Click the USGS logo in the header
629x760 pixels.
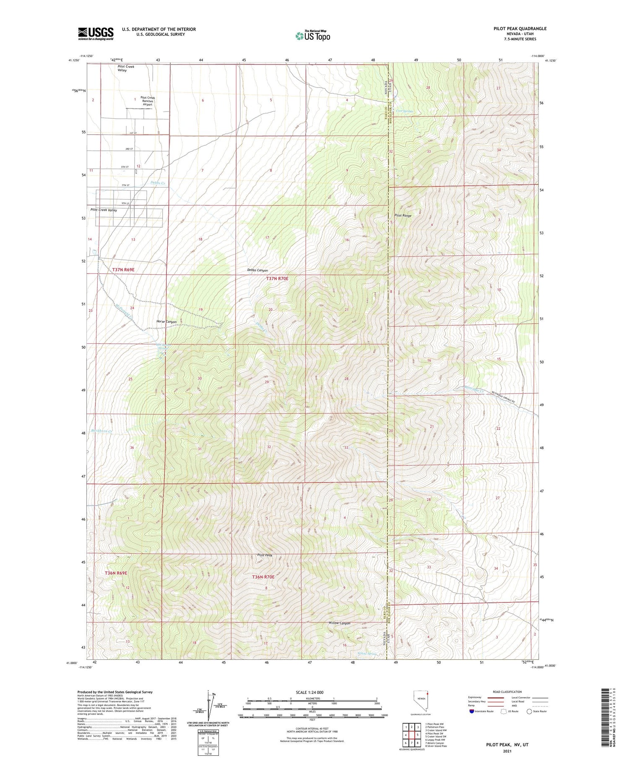pyautogui.click(x=96, y=34)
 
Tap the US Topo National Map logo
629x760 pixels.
pyautogui.click(x=312, y=36)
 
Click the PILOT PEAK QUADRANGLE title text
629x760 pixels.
pyautogui.click(x=520, y=29)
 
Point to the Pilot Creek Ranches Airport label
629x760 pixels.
pyautogui.click(x=148, y=101)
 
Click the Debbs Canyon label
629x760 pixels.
pyautogui.click(x=257, y=270)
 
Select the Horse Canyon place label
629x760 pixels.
pyautogui.click(x=166, y=322)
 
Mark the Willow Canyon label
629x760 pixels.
pyautogui.click(x=339, y=623)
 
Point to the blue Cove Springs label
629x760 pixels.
pyautogui.click(x=405, y=111)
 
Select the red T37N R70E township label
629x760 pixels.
pyautogui.click(x=277, y=278)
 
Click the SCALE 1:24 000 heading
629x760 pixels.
pyautogui.click(x=312, y=692)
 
